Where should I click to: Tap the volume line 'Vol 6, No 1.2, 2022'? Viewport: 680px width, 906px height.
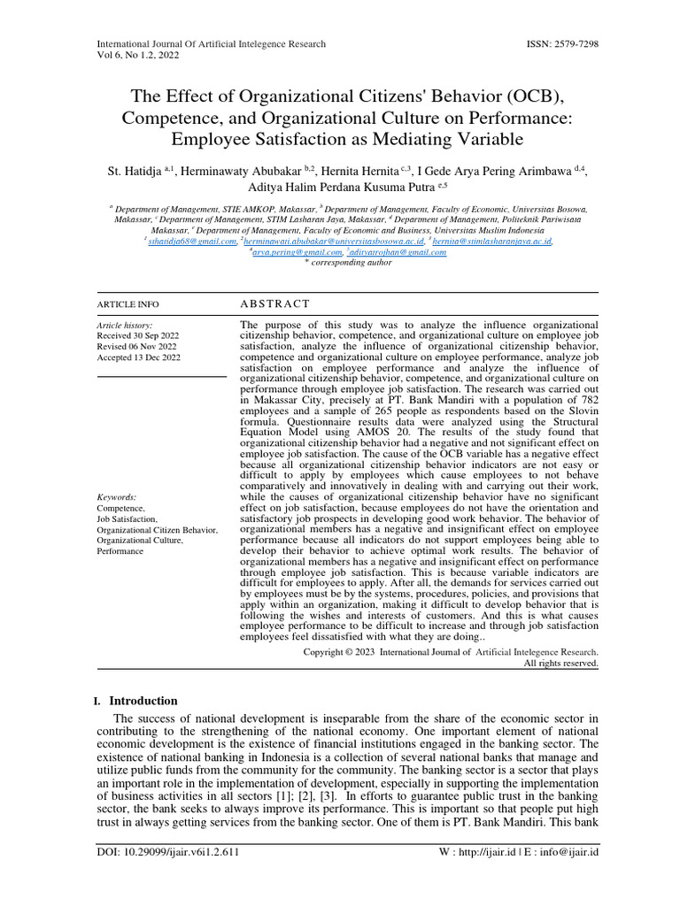pyautogui.click(x=136, y=55)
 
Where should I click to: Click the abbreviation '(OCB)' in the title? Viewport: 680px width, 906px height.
pyautogui.click(x=539, y=96)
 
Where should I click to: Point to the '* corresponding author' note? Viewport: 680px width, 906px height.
pyautogui.click(x=340, y=263)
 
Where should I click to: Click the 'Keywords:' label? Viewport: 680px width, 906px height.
pyautogui.click(x=116, y=498)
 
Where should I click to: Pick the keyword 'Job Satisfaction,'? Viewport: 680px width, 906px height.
pyautogui.click(x=127, y=519)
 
